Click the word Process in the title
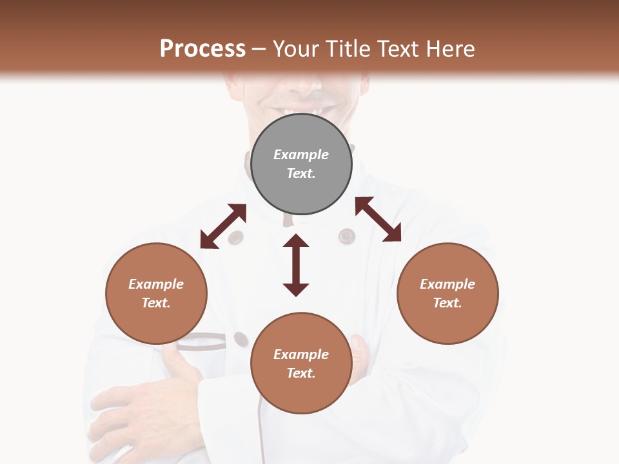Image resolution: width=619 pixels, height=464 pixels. (202, 49)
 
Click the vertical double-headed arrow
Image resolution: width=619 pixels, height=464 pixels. (296, 265)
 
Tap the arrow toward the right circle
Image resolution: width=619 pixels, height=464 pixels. (378, 219)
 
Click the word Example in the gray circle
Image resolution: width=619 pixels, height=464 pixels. (301, 155)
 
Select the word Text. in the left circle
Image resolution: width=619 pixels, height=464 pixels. (156, 303)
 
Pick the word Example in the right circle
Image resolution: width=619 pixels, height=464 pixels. (447, 284)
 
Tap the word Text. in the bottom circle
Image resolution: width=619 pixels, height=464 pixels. (301, 373)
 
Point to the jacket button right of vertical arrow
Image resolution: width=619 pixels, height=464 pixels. (347, 237)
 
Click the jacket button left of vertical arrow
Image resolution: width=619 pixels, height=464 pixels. (236, 237)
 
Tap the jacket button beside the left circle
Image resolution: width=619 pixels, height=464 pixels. (241, 339)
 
